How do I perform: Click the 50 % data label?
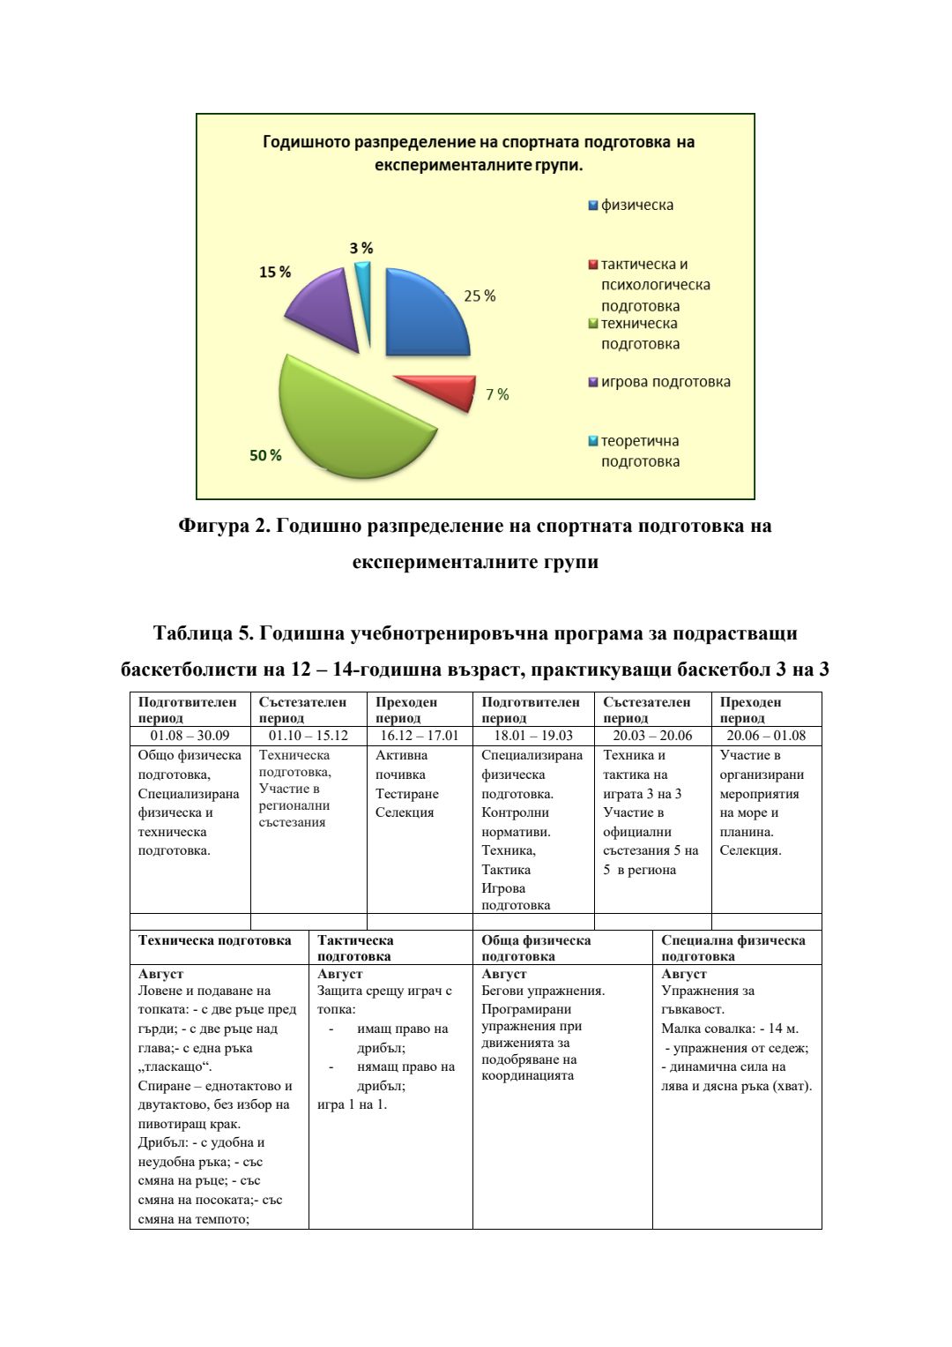tap(265, 455)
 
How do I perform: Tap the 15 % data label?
tap(274, 273)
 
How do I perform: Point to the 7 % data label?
tap(497, 394)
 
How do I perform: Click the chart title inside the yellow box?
tap(479, 153)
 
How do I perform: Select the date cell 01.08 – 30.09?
tap(190, 736)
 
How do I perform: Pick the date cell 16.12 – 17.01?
tap(419, 736)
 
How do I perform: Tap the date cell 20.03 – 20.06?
tap(652, 736)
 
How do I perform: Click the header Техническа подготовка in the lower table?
tap(214, 940)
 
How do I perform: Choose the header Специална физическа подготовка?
tap(733, 947)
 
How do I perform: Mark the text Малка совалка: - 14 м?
tap(730, 1029)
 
